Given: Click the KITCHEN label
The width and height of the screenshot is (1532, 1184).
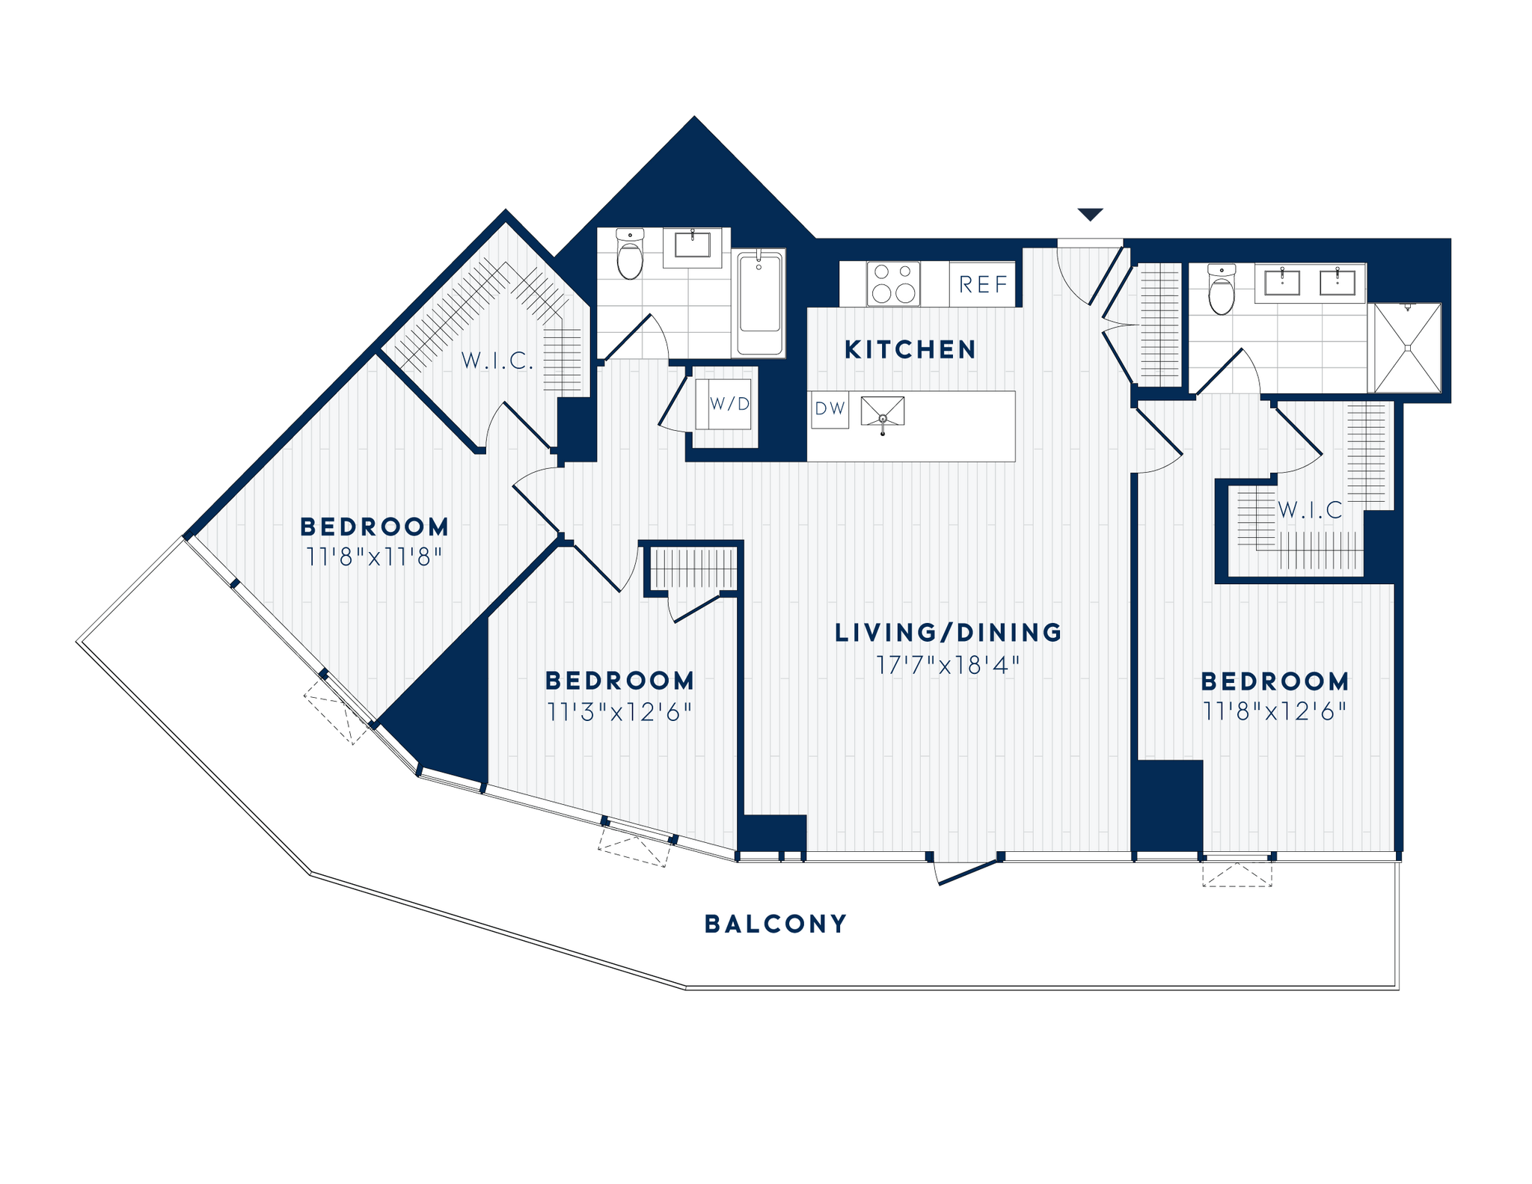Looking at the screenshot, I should coord(910,349).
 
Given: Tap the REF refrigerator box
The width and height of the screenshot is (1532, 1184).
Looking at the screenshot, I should coord(983,284).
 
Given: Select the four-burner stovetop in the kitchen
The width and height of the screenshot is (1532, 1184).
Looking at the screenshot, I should coord(894,283).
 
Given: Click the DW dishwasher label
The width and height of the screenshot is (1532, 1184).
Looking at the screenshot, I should coord(830,409).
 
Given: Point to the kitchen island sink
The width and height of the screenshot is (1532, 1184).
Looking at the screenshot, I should coord(883,411).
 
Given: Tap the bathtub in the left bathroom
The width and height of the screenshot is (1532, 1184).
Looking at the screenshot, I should coord(760,302).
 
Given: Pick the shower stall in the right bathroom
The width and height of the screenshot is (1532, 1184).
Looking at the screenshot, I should coord(1407,347).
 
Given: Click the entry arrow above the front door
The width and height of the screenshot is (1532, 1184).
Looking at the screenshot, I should coord(1090,215).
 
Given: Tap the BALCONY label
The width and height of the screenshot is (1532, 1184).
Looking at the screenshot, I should coord(776,924).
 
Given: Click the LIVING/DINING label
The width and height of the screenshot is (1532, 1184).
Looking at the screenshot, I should coord(948,633).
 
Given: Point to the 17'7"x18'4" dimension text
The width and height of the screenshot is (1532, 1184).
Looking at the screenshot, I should coord(948,665).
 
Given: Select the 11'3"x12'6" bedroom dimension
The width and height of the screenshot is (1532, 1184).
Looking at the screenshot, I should coord(619,712).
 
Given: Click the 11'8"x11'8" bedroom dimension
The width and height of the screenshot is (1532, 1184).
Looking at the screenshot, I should coord(374,557).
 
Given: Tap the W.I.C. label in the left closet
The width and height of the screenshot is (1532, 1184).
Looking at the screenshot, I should coord(497,361).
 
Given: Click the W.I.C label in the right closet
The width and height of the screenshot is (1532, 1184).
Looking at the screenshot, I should coord(1310,511).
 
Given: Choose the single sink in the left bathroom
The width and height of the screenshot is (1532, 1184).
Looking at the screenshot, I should coord(692,245).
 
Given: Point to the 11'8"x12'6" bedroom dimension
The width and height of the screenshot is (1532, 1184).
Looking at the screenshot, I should coord(1275,711).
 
